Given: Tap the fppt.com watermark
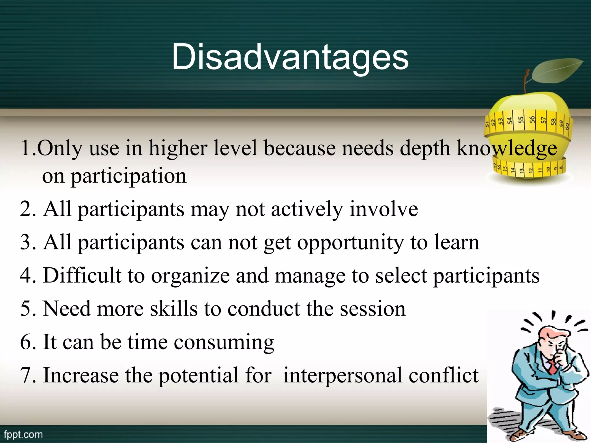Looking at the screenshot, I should (x=23, y=434).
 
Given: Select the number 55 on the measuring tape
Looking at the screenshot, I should (x=521, y=120).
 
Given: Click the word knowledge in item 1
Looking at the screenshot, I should (x=507, y=148).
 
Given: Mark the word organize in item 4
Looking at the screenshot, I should (x=190, y=276).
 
